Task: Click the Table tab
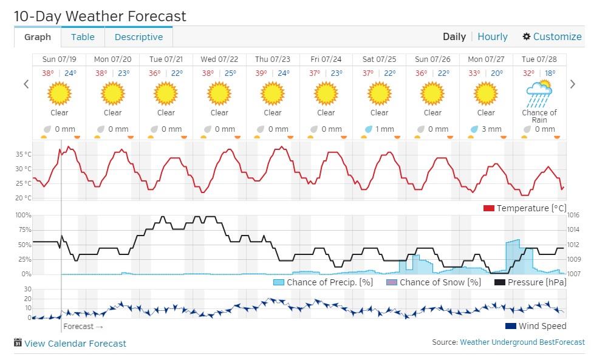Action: pyautogui.click(x=83, y=37)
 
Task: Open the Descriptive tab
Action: pyautogui.click(x=138, y=37)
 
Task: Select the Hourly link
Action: pyautogui.click(x=492, y=36)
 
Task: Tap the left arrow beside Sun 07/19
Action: pyautogui.click(x=26, y=84)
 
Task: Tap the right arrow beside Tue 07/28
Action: pyautogui.click(x=572, y=84)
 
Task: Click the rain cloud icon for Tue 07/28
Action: pyautogui.click(x=539, y=93)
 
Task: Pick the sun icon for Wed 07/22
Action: pyautogui.click(x=219, y=93)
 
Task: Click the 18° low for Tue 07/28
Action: pyautogui.click(x=550, y=73)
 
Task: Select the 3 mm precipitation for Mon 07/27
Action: pyautogui.click(x=491, y=129)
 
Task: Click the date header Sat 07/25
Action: pyautogui.click(x=379, y=59)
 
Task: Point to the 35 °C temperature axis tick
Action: pyautogui.click(x=23, y=154)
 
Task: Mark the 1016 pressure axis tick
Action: pyautogui.click(x=573, y=216)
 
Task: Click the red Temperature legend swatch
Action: pyautogui.click(x=489, y=208)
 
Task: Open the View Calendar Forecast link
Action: pyautogui.click(x=75, y=344)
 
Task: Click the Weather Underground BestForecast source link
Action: pyautogui.click(x=522, y=342)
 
